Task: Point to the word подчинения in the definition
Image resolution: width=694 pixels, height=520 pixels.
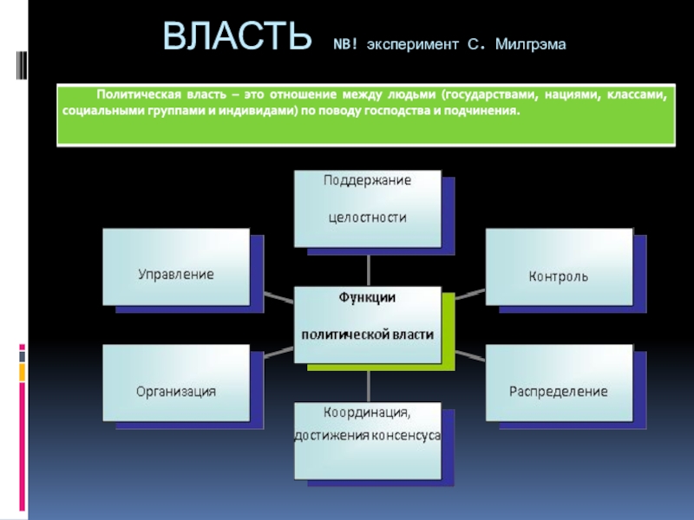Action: [x=484, y=112]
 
